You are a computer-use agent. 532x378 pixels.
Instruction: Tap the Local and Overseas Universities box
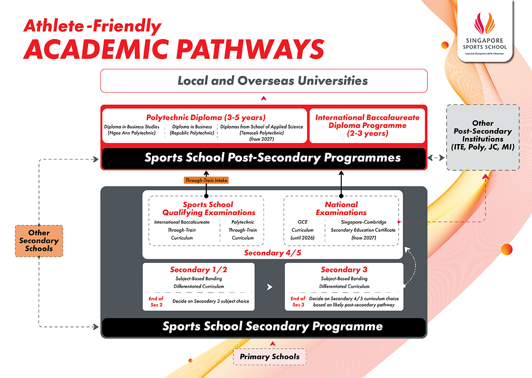(264, 81)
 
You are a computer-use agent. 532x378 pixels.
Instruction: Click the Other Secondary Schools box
(39, 241)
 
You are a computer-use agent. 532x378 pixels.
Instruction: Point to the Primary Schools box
(270, 356)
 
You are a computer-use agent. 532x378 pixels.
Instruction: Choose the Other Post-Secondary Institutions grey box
(482, 138)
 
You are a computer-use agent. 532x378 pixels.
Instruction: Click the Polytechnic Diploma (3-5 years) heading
(206, 118)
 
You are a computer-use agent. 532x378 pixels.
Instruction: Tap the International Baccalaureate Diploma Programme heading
(367, 125)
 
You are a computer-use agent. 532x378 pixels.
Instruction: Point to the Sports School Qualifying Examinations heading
(208, 209)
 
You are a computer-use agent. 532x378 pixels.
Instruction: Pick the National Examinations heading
(341, 209)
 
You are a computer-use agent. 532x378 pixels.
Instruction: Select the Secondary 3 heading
(344, 270)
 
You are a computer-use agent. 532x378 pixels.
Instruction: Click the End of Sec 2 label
(156, 302)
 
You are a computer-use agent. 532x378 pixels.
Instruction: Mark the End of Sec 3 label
(297, 302)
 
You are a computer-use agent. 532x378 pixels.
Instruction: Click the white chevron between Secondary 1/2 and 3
(270, 287)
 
